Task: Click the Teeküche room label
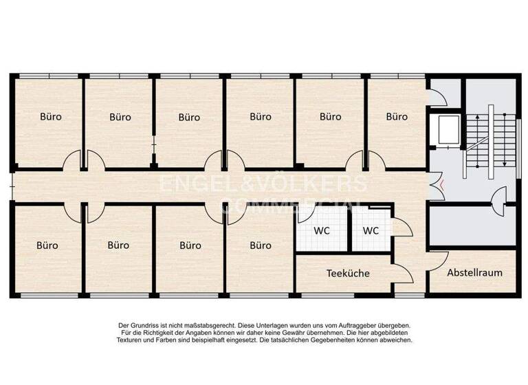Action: (x=347, y=273)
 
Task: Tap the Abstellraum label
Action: (x=474, y=272)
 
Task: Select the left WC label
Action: (x=322, y=231)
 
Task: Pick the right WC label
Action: (x=371, y=231)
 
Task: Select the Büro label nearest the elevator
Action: (x=397, y=117)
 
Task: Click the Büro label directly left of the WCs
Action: (x=261, y=245)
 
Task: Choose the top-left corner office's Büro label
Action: (x=50, y=117)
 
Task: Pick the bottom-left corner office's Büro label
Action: (x=47, y=245)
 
